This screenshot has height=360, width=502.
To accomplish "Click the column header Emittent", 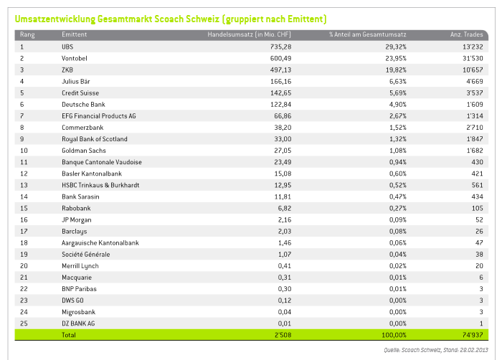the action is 75,34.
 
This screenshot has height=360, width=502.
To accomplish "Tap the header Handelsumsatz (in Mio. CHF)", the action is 249,34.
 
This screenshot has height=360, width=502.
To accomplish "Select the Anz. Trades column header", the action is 466,34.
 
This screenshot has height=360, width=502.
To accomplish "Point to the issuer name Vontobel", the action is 75,58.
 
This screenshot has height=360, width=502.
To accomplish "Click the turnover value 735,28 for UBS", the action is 281,47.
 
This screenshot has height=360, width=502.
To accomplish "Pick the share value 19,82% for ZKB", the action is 396,70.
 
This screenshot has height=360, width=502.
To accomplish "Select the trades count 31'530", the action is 473,58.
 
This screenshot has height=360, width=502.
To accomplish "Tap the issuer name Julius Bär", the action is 76,81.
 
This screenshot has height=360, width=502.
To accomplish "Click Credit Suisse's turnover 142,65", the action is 281,93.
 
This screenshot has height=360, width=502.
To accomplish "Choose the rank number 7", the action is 22,116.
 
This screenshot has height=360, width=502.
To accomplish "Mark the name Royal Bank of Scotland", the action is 95,139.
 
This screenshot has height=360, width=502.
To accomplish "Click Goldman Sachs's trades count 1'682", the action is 475,151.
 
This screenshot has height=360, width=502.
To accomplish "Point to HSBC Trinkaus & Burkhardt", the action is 100,185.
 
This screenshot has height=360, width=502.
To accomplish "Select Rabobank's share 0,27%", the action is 398,208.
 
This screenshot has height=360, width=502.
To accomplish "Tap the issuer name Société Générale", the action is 86,255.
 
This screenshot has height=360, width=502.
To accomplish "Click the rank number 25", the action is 24,323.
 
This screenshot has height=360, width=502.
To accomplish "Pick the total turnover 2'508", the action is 283,335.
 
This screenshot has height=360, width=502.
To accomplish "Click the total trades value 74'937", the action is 473,335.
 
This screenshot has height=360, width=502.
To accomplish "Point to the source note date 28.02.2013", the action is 474,350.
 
